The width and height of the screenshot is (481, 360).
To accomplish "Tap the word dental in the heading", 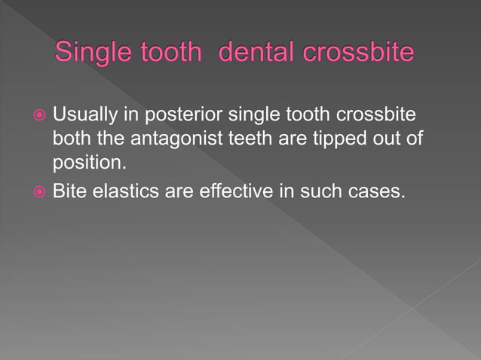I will (253, 54).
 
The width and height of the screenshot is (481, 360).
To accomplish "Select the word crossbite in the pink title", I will (358, 54).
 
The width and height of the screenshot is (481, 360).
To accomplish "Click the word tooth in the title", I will (173, 54).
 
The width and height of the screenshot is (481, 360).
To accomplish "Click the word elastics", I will (125, 191).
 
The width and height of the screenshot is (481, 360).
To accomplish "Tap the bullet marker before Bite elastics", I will (38, 192).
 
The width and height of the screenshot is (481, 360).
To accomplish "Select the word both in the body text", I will (69, 139).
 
